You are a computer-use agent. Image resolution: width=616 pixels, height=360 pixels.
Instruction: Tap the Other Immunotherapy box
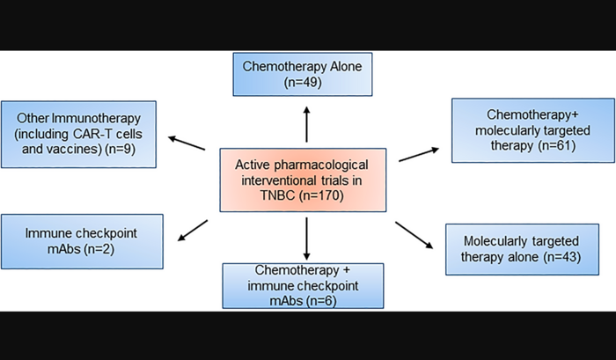80,135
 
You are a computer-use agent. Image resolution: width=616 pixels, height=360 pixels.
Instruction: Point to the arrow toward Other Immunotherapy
186,143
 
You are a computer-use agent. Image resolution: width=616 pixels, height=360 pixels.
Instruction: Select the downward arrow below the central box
307,236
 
